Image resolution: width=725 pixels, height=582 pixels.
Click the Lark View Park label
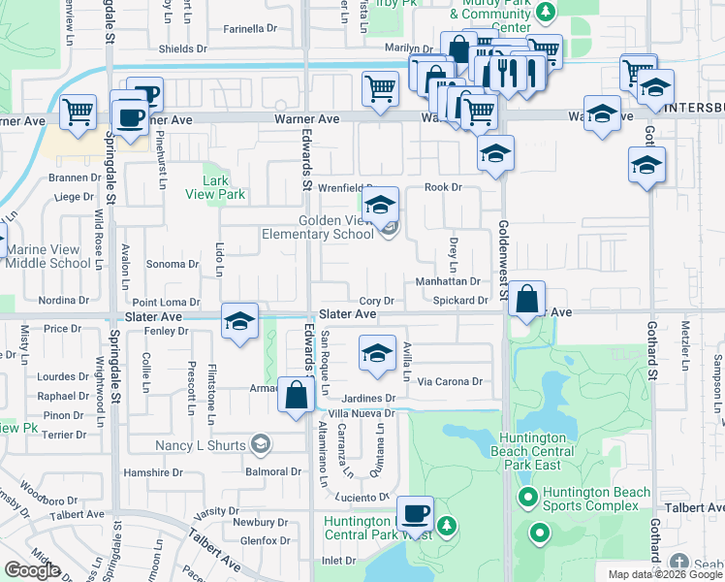(x=223, y=187)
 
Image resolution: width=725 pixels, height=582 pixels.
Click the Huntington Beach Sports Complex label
(x=590, y=499)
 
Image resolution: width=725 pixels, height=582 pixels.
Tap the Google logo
(x=32, y=570)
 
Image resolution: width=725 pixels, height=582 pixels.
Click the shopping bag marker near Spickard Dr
(x=526, y=301)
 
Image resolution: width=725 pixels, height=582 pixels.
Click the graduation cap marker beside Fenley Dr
(x=239, y=323)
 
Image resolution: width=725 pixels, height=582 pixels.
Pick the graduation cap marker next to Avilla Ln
(x=378, y=354)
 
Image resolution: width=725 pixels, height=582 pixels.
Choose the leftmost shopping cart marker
(x=78, y=111)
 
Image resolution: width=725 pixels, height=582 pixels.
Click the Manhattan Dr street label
(x=448, y=281)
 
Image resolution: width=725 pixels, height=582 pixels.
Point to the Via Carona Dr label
(x=450, y=382)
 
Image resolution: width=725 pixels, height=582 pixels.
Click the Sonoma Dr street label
(x=172, y=264)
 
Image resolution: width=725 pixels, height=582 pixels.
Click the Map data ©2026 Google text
(x=664, y=574)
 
